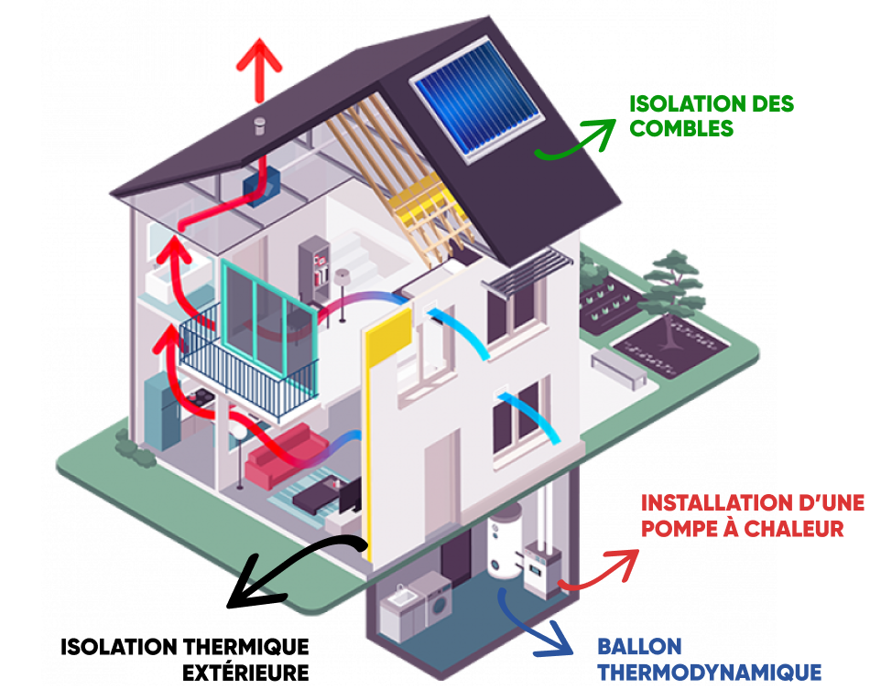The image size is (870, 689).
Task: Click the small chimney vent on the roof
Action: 259,125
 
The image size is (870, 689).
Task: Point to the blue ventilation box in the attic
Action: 252,188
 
